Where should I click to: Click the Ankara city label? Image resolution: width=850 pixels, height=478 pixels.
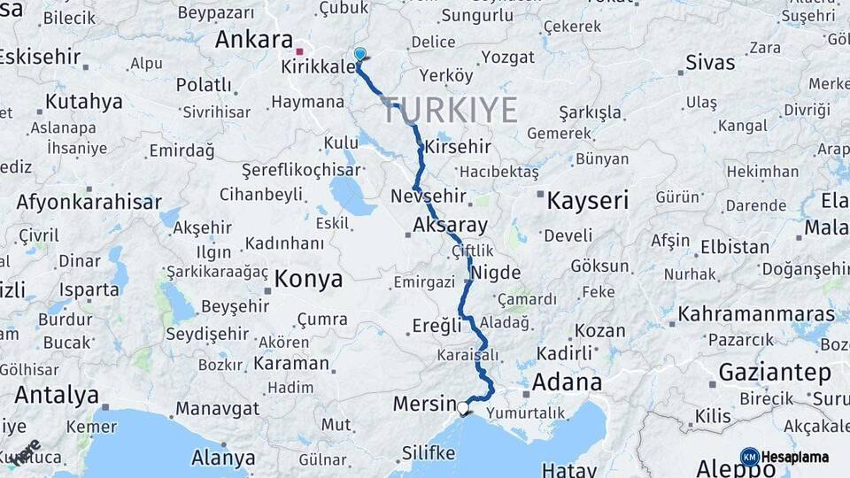click(253, 40)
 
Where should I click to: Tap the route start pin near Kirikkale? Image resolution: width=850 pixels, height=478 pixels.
click(359, 55)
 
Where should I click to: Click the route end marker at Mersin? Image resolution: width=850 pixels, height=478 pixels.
click(463, 408)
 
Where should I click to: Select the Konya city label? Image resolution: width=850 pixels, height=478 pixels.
click(308, 280)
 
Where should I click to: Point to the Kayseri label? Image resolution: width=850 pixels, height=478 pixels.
click(587, 200)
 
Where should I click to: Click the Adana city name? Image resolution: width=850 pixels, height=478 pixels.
click(567, 382)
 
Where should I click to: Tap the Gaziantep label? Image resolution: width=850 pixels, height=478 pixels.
click(775, 372)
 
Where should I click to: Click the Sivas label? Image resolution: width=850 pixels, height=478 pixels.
click(710, 63)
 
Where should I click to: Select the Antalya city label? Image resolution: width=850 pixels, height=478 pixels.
click(57, 394)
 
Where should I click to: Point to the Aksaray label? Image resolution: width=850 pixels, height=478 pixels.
click(451, 226)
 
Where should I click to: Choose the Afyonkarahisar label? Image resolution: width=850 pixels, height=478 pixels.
click(89, 201)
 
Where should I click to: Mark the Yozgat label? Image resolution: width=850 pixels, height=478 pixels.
click(507, 58)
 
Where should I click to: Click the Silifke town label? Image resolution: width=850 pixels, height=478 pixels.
click(429, 453)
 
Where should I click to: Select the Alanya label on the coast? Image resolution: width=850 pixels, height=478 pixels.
click(224, 458)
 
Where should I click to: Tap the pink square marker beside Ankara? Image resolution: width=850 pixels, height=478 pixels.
click(300, 51)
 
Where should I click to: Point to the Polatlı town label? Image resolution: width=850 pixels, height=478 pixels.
click(204, 86)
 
